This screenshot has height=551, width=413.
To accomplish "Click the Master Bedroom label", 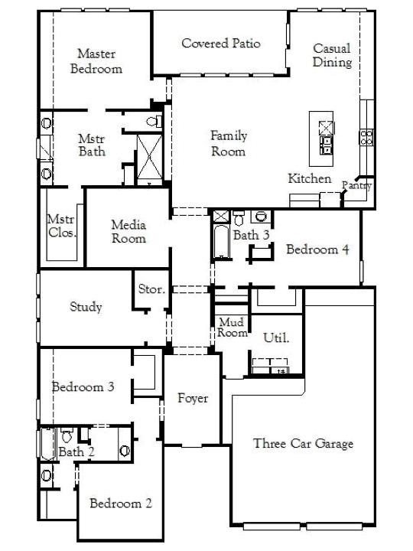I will pyautogui.click(x=96, y=61).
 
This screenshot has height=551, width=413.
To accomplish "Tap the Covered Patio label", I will pyautogui.click(x=220, y=44).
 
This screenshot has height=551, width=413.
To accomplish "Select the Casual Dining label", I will pyautogui.click(x=332, y=55).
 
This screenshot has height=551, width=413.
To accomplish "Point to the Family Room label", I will pyautogui.click(x=229, y=144).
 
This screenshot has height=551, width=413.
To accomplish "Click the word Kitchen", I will pyautogui.click(x=309, y=178).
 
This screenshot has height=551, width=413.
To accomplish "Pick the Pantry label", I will pyautogui.click(x=357, y=185).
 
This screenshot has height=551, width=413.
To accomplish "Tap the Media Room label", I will pyautogui.click(x=128, y=231).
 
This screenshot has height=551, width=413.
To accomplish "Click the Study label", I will pyautogui.click(x=86, y=307).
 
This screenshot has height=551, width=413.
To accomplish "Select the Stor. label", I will pyautogui.click(x=149, y=289).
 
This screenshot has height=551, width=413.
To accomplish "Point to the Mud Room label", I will pyautogui.click(x=232, y=328).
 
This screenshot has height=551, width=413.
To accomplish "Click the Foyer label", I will pyautogui.click(x=193, y=398).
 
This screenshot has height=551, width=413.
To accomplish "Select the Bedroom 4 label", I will pyautogui.click(x=317, y=249).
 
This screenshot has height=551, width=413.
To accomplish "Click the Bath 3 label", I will pyautogui.click(x=251, y=235).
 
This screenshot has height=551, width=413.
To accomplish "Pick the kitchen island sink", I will pyautogui.click(x=326, y=142).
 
